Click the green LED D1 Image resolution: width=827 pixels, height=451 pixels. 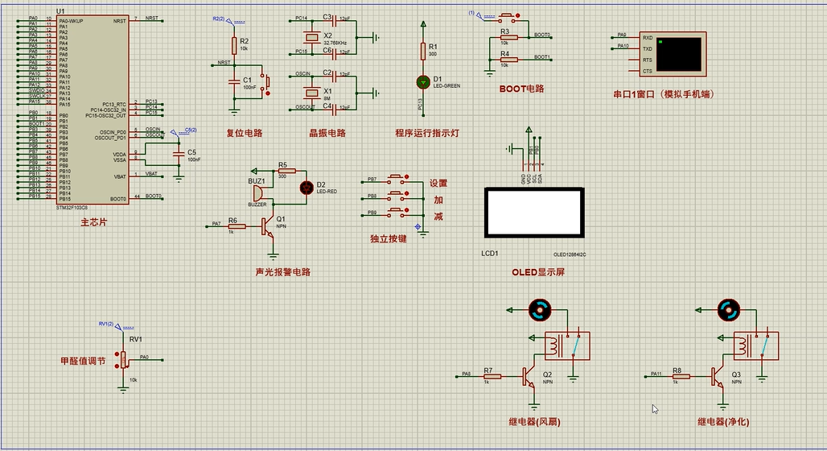pos(422,81)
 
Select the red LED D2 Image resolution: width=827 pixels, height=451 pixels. pos(306,188)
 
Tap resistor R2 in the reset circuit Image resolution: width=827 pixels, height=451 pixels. pos(234,44)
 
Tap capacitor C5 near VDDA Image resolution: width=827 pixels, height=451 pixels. pos(179,152)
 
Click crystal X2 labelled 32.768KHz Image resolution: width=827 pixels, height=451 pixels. pos(311,37)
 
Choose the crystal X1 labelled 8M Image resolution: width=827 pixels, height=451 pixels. pos(311,92)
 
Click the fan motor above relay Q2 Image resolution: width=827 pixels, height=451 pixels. pos(539,308)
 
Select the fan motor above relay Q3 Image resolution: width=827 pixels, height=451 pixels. pos(728,308)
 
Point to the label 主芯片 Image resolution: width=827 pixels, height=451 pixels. pos(93,221)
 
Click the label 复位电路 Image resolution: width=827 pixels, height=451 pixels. pos(244,133)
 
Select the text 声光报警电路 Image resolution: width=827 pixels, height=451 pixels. pos(282,271)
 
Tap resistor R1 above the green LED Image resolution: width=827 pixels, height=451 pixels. pos(422,51)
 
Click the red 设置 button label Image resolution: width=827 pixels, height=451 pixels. pos(438,184)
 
